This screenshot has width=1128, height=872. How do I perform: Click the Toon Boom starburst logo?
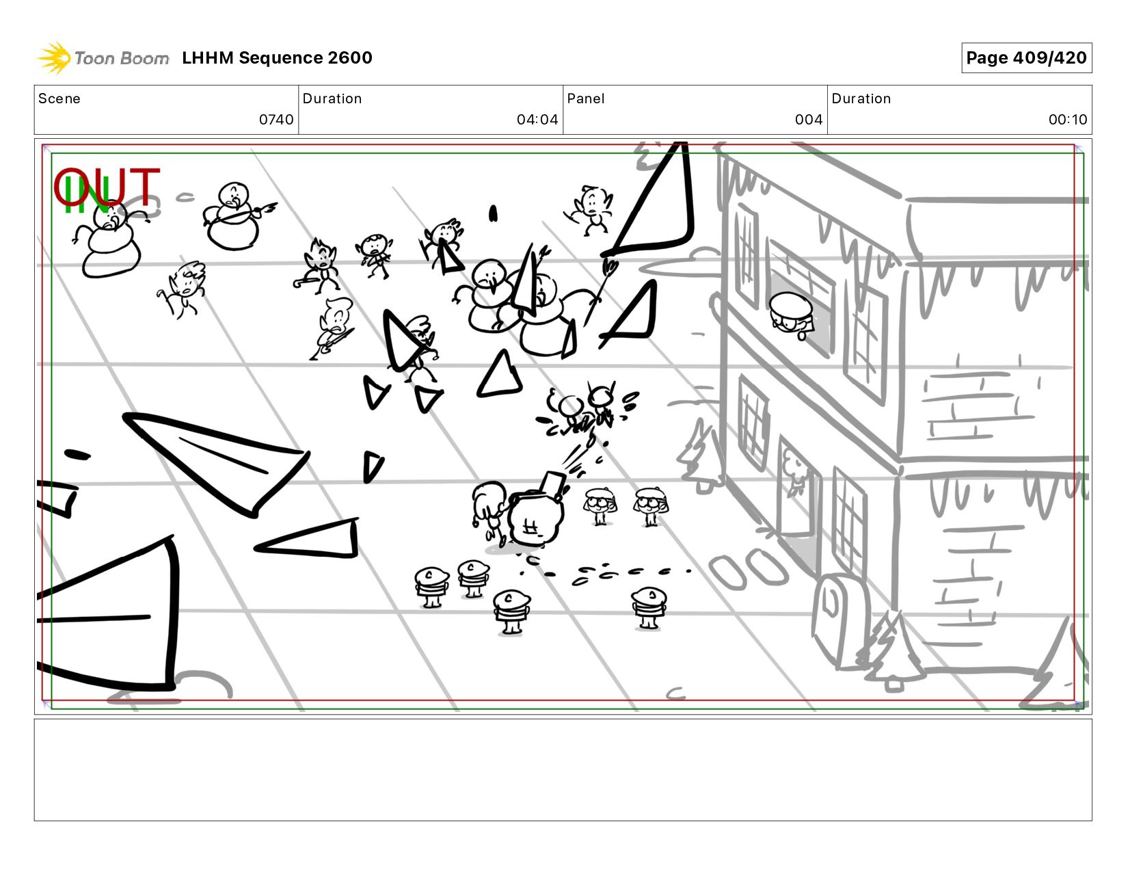point(54,57)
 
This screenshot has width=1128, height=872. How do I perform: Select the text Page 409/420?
point(1026,57)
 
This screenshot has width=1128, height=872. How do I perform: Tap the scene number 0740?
point(276,120)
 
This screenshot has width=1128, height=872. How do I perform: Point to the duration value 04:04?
point(537,120)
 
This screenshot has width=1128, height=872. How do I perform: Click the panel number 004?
point(809,120)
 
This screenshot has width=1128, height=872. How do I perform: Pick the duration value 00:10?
point(1068,120)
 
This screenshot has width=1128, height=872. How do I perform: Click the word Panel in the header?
point(586,98)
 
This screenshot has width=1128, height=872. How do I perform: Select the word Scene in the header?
point(59,98)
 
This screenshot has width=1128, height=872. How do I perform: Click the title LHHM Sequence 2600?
point(277,57)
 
